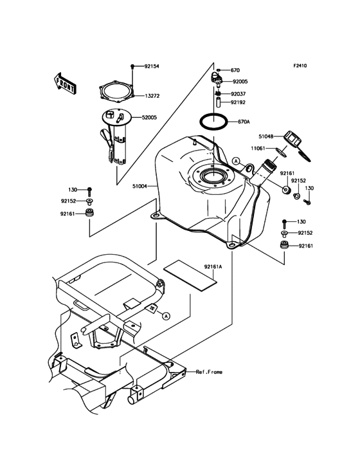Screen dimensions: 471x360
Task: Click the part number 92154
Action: click(152, 66)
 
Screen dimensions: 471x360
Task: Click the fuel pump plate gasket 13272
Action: click(116, 93)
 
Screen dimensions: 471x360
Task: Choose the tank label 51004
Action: click(140, 186)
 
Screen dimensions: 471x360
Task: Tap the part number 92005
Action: click(240, 82)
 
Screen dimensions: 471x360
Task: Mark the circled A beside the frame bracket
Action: click(165, 316)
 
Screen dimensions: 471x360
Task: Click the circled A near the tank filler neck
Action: click(236, 160)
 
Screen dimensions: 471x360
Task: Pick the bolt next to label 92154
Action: click(132, 67)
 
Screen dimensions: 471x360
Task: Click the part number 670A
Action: click(243, 121)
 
